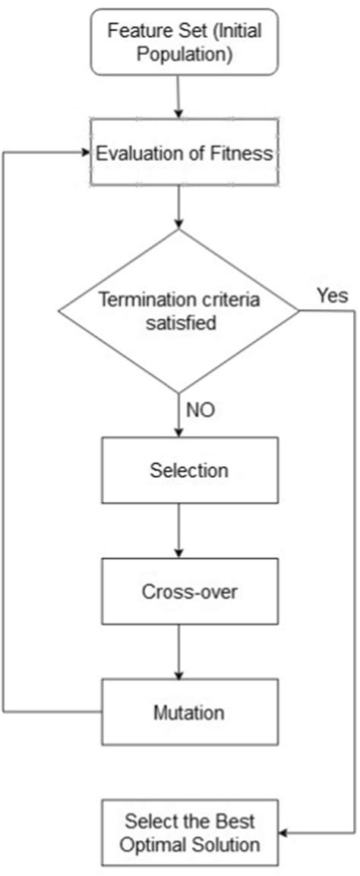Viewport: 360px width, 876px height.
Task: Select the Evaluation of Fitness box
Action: pos(183,153)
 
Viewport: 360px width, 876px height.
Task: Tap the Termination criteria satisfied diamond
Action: pos(179,311)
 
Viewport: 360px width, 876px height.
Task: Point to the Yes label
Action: pos(332,296)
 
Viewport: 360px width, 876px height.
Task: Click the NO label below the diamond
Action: pos(201,410)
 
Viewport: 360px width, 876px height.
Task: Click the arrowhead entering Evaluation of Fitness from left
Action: pos(85,152)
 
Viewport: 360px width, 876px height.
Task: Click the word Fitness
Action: pos(245,153)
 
